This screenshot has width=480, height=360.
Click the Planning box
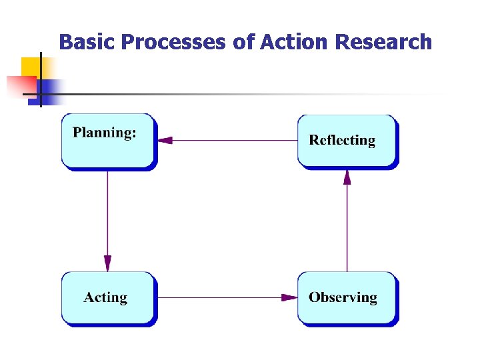[108, 141]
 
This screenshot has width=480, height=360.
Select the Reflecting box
[346, 141]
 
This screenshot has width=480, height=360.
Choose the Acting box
[108, 297]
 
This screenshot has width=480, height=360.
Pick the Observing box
[346, 297]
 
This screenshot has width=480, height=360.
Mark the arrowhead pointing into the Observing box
[289, 297]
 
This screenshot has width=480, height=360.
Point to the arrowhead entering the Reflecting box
[347, 177]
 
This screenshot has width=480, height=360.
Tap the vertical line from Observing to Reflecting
[347, 227]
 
